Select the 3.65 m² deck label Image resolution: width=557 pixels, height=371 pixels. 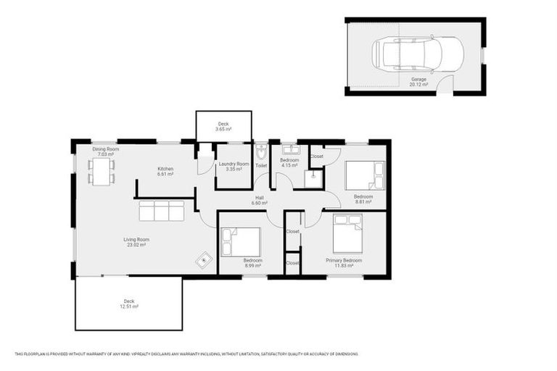tap(223, 127)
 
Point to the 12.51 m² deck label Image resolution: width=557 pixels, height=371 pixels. tap(129, 304)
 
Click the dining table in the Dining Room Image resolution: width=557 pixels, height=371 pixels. tap(102, 171)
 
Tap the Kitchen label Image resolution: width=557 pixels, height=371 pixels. tap(165, 172)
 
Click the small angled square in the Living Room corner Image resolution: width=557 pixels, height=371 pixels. tap(205, 258)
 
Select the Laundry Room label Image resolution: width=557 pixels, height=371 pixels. tap(234, 167)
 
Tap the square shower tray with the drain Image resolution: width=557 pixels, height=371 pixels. tap(313, 178)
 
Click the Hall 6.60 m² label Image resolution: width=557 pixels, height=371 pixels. tap(260, 201)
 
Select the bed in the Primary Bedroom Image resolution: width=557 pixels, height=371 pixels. tap(347, 231)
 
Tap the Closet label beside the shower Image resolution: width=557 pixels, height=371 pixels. tap(316, 156)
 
